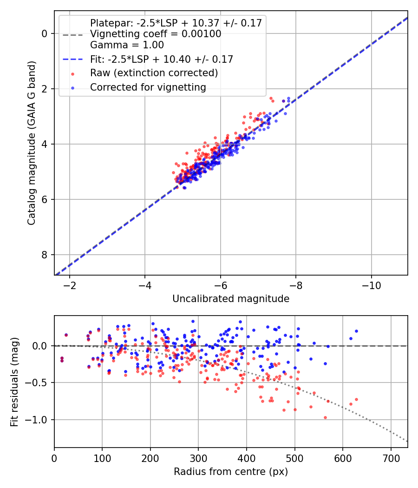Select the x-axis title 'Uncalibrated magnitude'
pyautogui.click(x=231, y=299)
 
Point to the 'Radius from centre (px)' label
pyautogui.click(x=231, y=472)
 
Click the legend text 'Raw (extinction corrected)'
pyautogui.click(x=154, y=73)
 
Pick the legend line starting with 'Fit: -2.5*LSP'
pyautogui.click(x=161, y=59)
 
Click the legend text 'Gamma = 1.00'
pyautogui.click(x=127, y=45)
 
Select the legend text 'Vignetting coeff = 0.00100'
pyautogui.click(x=156, y=34)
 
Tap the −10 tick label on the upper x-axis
pyautogui.click(x=371, y=284)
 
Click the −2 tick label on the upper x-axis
pyautogui.click(x=69, y=284)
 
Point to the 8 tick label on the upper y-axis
pyautogui.click(x=45, y=255)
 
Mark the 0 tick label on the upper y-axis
pyautogui.click(x=45, y=33)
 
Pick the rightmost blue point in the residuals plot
pyautogui.click(x=356, y=331)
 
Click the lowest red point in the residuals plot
pyautogui.click(x=325, y=417)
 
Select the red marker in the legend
pyautogui.click(x=72, y=73)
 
